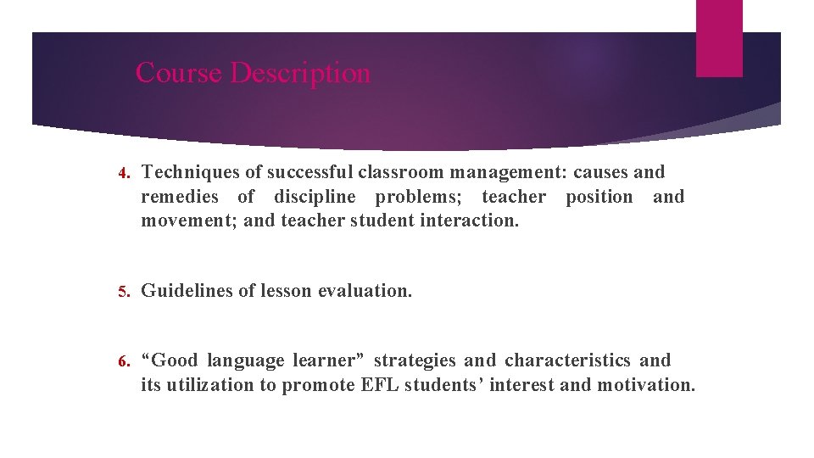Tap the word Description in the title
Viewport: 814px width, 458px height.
(300, 73)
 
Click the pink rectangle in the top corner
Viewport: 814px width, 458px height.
(719, 38)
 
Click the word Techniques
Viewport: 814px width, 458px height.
(191, 172)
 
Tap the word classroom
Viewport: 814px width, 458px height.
(401, 172)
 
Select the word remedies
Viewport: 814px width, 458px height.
(179, 197)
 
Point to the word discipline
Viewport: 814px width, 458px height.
(315, 197)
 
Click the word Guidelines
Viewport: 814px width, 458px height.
(187, 291)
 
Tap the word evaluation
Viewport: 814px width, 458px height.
(365, 291)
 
